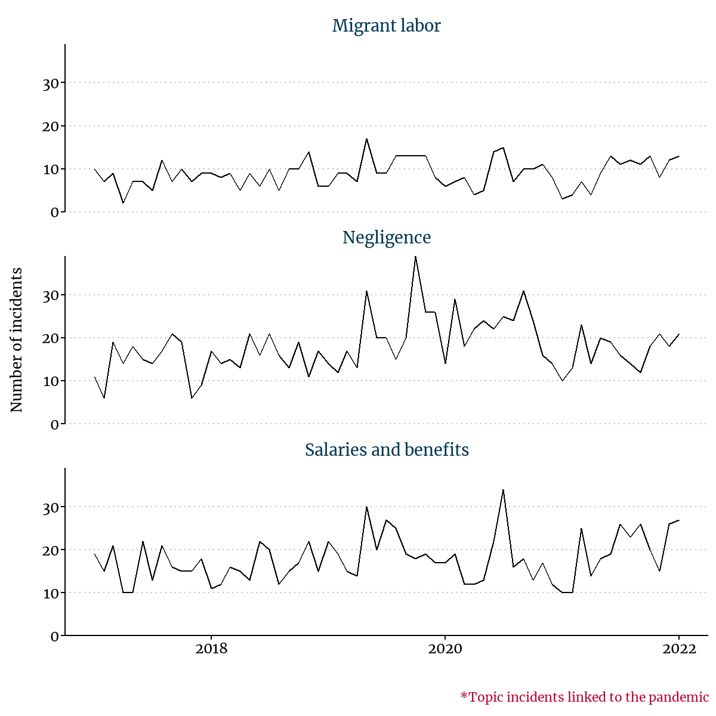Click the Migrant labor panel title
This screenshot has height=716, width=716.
(386, 26)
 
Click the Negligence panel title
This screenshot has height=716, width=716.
(386, 237)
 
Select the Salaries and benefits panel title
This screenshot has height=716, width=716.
(387, 449)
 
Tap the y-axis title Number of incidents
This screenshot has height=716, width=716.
(17, 340)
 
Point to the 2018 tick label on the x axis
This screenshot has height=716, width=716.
(211, 649)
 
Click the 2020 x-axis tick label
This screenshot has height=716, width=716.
(445, 649)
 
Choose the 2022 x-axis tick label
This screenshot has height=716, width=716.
(679, 649)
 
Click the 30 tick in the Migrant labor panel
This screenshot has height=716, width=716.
(51, 83)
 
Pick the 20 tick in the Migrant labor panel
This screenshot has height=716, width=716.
(51, 126)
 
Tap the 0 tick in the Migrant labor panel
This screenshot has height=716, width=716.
(55, 212)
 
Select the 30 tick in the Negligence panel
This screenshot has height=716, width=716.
(51, 295)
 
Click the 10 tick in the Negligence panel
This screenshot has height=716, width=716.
(51, 381)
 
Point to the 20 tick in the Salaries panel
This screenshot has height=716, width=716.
(51, 550)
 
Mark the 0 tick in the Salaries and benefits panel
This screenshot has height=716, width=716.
(55, 636)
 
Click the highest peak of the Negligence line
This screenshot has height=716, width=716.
(415, 257)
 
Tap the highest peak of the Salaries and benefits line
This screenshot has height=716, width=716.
(503, 490)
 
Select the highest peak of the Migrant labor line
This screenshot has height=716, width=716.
(366, 139)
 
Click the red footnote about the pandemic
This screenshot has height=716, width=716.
(584, 697)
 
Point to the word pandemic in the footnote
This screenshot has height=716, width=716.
(678, 697)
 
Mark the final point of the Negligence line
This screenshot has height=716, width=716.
(679, 334)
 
